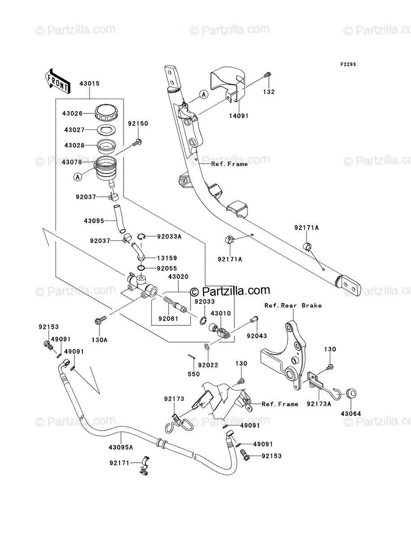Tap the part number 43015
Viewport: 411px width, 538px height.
pos(90,83)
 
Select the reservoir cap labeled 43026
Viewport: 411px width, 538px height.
pos(106,113)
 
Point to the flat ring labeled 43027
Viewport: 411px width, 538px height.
pos(107,130)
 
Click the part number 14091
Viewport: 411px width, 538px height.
pos(238,116)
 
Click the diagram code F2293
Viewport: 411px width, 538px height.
pos(348,65)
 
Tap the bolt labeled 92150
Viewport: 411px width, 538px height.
pos(138,142)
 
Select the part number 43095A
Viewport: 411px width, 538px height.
pos(121,447)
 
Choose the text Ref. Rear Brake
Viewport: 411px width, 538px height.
pos(293,305)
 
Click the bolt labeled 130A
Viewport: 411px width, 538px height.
pos(101,320)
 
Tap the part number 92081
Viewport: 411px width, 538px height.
pos(168,319)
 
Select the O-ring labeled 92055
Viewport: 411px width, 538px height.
pos(141,268)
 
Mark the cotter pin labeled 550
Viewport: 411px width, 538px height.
pos(191,356)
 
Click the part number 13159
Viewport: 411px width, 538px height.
pos(167,258)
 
